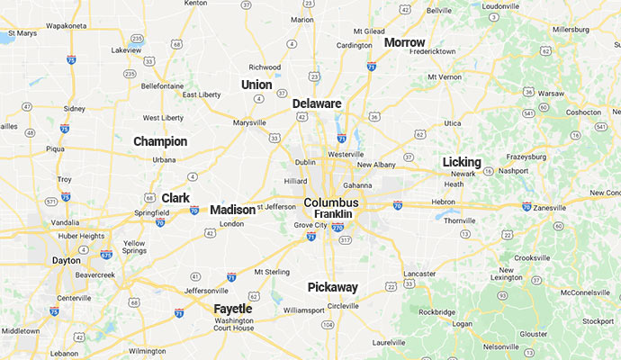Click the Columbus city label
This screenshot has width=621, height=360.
click(x=331, y=202)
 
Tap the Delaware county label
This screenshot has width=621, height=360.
click(x=317, y=103)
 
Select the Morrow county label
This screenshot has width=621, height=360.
click(x=404, y=42)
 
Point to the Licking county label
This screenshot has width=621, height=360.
click(x=462, y=162)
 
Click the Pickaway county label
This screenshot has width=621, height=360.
click(x=333, y=287)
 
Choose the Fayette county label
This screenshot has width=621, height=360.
click(x=233, y=309)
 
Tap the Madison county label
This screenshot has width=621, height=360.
click(x=232, y=210)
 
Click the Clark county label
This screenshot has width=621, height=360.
click(x=175, y=198)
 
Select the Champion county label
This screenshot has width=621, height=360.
click(x=160, y=141)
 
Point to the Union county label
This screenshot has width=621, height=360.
click(x=256, y=85)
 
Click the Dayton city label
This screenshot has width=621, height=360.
click(x=66, y=260)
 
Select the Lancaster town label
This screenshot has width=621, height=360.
click(x=419, y=273)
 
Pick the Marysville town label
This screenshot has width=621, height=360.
click(x=248, y=122)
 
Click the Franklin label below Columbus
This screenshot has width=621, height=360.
click(x=332, y=214)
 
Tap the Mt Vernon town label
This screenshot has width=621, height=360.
click(x=444, y=77)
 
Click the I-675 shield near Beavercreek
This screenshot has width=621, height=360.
click(x=107, y=255)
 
